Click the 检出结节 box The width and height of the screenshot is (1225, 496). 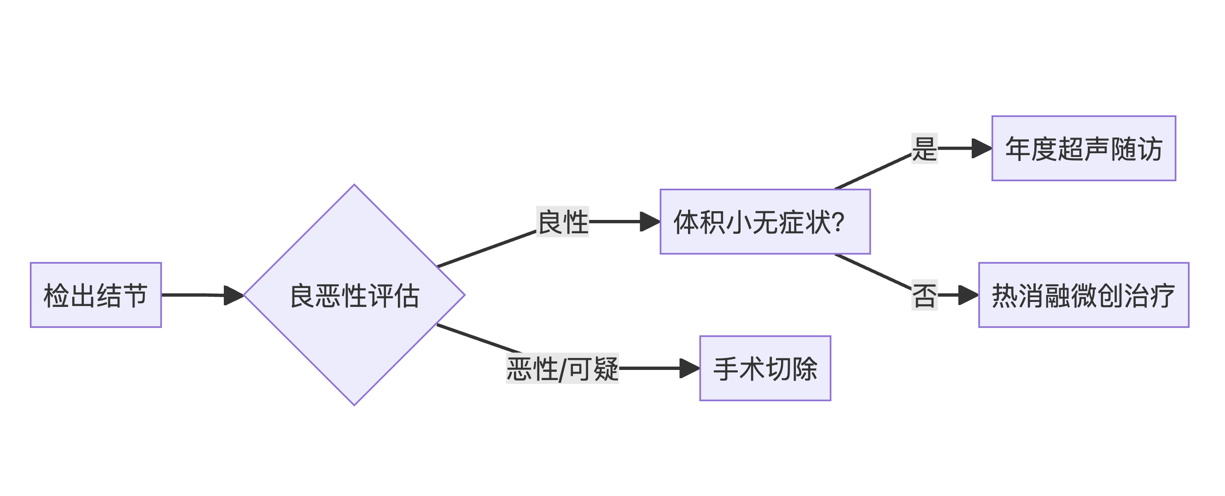point(96,295)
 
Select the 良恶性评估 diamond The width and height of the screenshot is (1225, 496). point(354,295)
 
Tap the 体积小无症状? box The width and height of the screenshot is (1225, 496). point(764,221)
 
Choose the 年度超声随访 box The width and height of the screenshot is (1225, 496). point(1083,148)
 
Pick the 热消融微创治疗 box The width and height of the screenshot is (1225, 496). point(1083,295)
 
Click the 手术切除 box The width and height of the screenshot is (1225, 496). point(764,368)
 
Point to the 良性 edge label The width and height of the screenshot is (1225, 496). point(563,221)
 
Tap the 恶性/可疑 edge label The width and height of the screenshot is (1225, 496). point(563,368)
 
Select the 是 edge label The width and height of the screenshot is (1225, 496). point(924,148)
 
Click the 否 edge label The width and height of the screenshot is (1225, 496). point(924,295)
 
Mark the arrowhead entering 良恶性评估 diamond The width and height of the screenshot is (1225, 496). point(234,295)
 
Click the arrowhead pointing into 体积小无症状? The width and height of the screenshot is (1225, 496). point(651,221)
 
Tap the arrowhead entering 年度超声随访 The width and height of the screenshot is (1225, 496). point(982,148)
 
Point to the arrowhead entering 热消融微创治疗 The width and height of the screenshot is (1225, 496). point(968,295)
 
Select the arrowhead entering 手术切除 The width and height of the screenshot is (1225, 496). point(690,368)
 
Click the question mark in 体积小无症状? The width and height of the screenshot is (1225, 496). point(838,222)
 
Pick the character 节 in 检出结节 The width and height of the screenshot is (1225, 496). point(135,295)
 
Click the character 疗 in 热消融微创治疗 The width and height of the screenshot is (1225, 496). point(1162,295)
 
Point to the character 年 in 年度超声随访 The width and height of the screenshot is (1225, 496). point(1018,148)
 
